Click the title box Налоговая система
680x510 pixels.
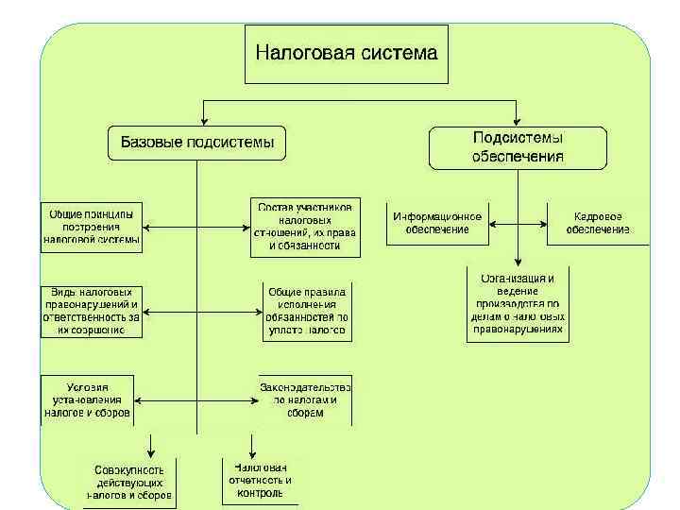click(x=347, y=54)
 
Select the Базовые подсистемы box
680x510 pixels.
click(x=196, y=144)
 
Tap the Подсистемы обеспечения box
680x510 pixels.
click(x=518, y=147)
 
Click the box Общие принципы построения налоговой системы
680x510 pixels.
click(x=92, y=227)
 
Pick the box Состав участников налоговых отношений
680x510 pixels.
click(x=305, y=227)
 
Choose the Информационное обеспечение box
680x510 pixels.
click(x=437, y=224)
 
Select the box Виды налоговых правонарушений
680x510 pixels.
click(x=92, y=312)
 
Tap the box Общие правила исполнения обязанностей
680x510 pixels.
click(x=308, y=312)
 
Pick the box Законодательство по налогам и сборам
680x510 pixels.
click(x=305, y=400)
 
